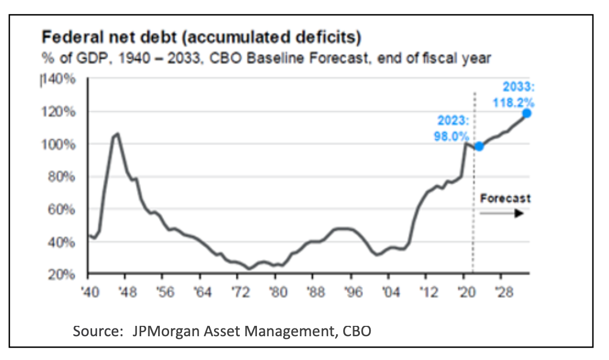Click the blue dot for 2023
click(x=479, y=146)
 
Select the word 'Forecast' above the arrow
click(x=505, y=198)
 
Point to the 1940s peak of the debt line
click(x=117, y=133)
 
